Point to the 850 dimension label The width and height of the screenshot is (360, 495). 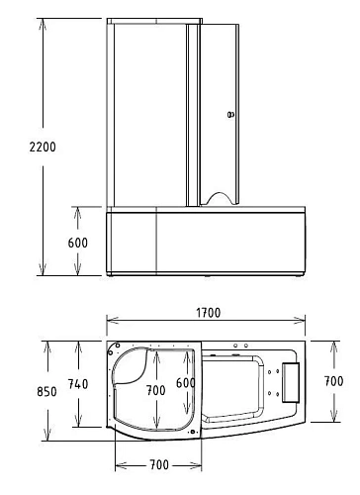[17, 391]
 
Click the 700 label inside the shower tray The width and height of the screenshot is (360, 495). [154, 390]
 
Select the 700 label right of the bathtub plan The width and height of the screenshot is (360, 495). [333, 379]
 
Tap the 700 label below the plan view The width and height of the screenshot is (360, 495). [158, 464]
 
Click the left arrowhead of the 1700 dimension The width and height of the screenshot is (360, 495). [110, 321]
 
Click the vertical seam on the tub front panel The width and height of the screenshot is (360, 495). [157, 241]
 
